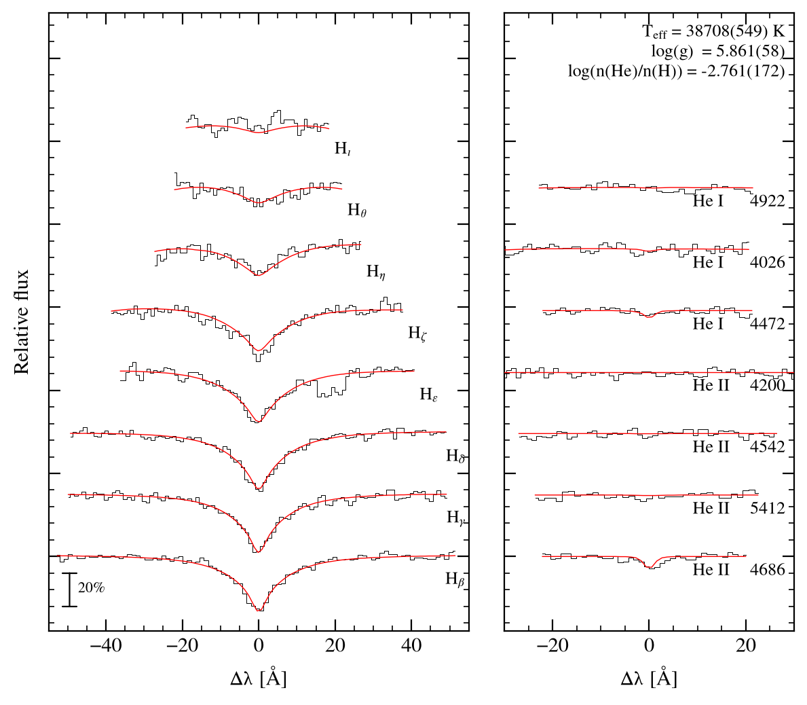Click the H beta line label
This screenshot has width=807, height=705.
pos(455,579)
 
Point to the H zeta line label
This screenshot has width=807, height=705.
pos(417,333)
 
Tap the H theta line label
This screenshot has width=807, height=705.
pos(357,210)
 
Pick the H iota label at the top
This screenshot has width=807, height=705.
pos(343,148)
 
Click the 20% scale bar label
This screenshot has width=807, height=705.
pos(91,587)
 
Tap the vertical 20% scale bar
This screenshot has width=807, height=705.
pos(69,590)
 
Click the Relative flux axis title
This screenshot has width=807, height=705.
pos(21,322)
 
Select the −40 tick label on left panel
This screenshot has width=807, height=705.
pos(106,645)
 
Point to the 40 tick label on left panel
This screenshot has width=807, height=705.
pos(411,645)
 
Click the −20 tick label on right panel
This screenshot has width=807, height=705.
pos(552,645)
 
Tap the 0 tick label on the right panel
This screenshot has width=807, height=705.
pos(650,645)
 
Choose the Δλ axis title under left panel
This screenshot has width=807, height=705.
pos(258,679)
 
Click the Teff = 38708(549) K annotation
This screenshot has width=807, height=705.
pos(714,32)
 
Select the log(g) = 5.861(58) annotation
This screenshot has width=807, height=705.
pos(718,52)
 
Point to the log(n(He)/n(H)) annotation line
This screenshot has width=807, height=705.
pos(676,71)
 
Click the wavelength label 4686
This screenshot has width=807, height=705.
pos(768,570)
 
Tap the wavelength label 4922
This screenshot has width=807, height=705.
pos(768,201)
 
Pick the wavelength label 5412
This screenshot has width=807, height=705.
pos(768,508)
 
